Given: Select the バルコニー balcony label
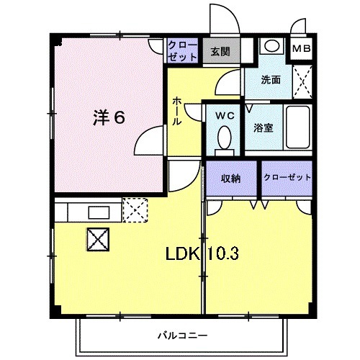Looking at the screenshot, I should click(183, 336).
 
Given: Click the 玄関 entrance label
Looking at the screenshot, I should click(220, 51).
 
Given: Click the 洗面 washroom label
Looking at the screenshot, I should click(271, 80).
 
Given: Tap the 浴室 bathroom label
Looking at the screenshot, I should click(263, 128).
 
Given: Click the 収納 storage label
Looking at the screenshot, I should click(230, 178).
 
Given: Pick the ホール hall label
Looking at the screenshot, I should click(177, 112).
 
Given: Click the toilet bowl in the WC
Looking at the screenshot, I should click(223, 137).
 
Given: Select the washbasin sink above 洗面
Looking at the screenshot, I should click(271, 45).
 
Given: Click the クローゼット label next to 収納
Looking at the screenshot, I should click(287, 178).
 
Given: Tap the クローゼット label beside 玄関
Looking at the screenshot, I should click(182, 51).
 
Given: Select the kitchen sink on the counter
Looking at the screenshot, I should click(96, 211).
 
